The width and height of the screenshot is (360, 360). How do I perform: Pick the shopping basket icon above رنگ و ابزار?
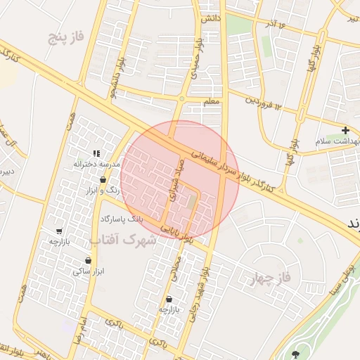[103, 180]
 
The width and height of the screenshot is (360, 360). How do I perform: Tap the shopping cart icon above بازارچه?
[59, 231]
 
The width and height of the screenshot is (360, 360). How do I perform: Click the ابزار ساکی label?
[88, 270]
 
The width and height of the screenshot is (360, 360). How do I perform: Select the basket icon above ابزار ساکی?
[88, 260]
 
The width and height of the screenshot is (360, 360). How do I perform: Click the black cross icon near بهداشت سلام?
[345, 130]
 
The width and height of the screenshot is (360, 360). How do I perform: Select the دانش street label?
[212, 17]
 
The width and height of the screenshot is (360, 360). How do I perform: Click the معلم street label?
[212, 102]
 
